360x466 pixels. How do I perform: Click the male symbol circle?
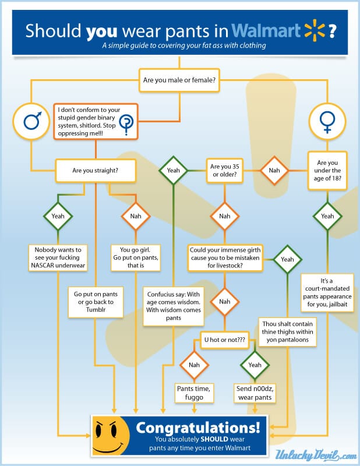point(31,121)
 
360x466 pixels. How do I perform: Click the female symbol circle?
point(327,121)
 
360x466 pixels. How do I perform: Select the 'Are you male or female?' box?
point(179,80)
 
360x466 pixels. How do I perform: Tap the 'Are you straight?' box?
point(96,171)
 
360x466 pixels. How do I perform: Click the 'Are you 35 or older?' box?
point(225,171)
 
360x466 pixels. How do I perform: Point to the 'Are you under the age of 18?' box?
point(327,171)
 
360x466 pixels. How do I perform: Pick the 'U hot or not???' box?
point(225,340)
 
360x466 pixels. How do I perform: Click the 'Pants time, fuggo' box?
point(194,393)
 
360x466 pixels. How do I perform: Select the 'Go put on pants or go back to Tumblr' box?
point(96,302)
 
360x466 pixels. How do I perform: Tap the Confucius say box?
point(174,306)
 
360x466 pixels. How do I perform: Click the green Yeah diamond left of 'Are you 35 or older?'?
point(174,171)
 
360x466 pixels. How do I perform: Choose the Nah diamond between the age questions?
point(274,171)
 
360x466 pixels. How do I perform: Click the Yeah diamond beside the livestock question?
point(287,259)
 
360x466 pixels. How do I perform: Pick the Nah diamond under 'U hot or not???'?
point(194,365)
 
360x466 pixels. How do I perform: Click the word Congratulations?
point(198,428)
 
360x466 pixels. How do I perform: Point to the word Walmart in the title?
point(266,31)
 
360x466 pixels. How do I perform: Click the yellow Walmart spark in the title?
point(315,30)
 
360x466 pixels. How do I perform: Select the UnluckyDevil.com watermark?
point(316,455)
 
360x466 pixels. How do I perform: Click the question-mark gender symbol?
point(126,123)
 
